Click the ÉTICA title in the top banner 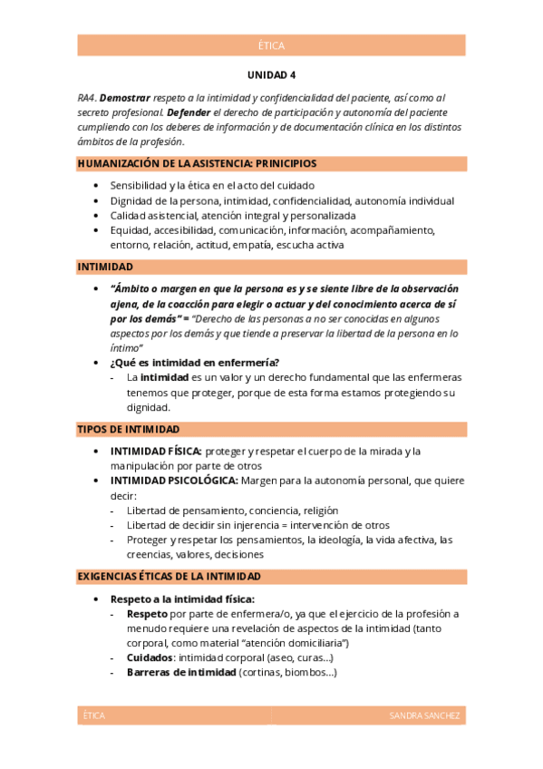pos(271,45)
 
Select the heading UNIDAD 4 pos(271,75)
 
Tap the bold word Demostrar pos(125,97)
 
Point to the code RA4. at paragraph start pos(87,97)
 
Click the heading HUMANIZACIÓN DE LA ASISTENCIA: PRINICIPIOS pos(197,164)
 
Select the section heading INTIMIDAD pos(105,268)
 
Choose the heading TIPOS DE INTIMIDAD pos(128,429)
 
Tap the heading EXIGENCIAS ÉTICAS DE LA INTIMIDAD pos(170,577)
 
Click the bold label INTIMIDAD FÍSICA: pos(156,452)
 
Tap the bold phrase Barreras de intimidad pos(181,672)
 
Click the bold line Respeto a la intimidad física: pos(182,599)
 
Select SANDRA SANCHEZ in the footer pos(424,716)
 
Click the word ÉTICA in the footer pos(93,716)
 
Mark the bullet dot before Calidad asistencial pos(98,216)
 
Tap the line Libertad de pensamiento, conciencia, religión pos(220,511)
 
